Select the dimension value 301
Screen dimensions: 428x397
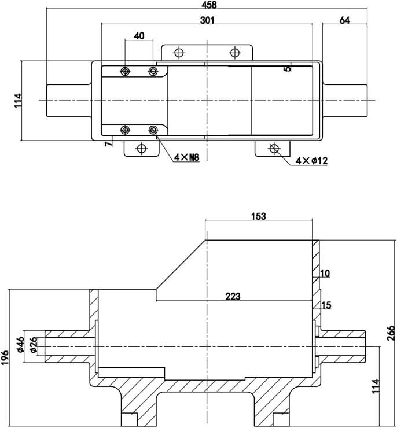(208, 20)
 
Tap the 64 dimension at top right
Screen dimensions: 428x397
(344, 20)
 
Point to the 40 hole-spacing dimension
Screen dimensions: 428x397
(139, 36)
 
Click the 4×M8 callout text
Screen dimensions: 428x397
(186, 157)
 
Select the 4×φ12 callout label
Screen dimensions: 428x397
(311, 161)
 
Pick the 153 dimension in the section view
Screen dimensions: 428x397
(259, 216)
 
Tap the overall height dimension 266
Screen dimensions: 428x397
(391, 334)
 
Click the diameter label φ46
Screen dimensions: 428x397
(21, 344)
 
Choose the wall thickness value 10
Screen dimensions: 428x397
(325, 273)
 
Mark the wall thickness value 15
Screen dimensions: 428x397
(326, 305)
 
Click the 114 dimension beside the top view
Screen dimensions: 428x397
(17, 100)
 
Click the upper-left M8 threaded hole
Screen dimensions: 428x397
(125, 71)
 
